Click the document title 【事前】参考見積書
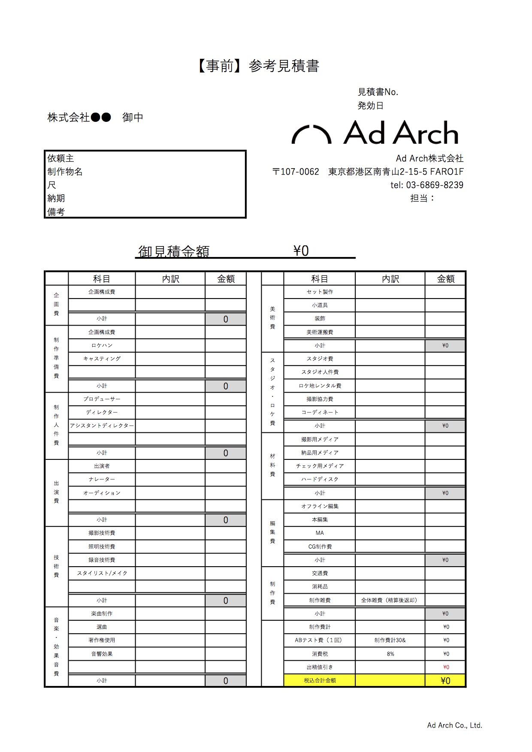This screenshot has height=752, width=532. (258, 66)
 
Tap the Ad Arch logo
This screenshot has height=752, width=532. (375, 133)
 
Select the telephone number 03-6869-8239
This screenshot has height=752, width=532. (435, 185)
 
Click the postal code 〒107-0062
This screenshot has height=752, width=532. (296, 172)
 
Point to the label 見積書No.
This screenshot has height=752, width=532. (378, 92)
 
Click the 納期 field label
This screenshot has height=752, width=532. (56, 198)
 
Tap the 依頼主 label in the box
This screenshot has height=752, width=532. (61, 158)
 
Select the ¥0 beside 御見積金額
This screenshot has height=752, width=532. (301, 251)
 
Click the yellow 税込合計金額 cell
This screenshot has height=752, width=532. (320, 680)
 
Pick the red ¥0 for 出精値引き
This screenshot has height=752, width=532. (446, 667)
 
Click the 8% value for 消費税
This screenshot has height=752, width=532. (390, 654)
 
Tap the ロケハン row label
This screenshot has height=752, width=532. (102, 345)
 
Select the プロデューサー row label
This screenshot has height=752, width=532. (102, 399)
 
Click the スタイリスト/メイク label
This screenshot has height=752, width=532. (102, 573)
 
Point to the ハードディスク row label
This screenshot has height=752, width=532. (320, 479)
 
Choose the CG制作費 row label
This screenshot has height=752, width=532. (320, 547)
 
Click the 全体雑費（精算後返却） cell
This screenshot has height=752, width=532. (389, 600)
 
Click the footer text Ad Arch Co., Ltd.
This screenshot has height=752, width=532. (454, 725)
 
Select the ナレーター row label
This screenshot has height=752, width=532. (102, 479)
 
